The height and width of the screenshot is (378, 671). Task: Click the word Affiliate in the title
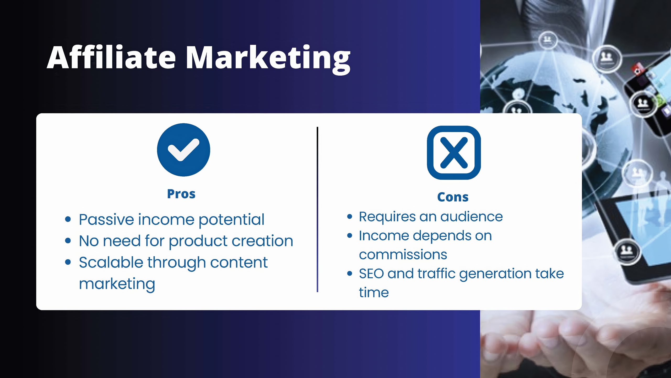pos(111,57)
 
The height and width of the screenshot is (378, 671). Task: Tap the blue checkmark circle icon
pos(183,150)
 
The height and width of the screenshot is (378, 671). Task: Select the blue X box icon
pos(454,153)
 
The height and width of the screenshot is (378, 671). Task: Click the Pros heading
pos(181,194)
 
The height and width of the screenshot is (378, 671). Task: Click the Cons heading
pos(453,197)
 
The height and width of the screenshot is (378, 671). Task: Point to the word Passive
pos(106,219)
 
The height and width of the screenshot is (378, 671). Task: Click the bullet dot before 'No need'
pos(68,240)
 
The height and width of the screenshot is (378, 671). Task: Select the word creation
pos(262,241)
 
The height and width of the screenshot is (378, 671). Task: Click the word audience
pos(472,217)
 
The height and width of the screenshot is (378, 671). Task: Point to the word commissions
pos(403,255)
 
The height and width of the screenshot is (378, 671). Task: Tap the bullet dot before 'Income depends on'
pos(350,235)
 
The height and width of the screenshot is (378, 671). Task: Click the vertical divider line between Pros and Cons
pos(317,209)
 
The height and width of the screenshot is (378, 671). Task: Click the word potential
pos(231,220)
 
